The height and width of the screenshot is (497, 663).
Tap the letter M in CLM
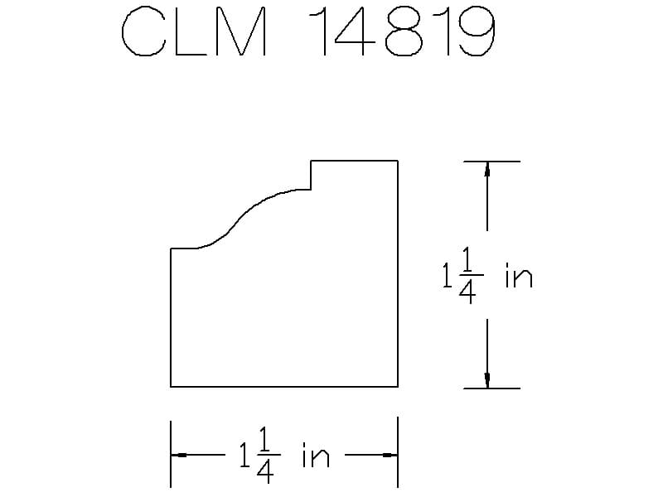240,31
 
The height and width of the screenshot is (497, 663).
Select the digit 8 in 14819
404,31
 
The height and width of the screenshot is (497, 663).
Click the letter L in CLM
191,31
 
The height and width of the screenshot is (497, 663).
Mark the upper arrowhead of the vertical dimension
487,169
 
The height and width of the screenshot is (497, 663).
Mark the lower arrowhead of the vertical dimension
487,380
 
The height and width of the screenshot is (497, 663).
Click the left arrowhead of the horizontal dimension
178,455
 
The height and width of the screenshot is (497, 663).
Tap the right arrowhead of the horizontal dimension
390,455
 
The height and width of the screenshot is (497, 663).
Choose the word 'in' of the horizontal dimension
316,455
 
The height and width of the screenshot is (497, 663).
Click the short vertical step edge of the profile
311,175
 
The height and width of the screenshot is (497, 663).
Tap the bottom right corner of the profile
398,386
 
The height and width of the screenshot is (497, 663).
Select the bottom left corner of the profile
171,386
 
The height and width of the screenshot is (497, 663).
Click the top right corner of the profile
398,161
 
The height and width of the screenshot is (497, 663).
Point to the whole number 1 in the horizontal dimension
244,455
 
